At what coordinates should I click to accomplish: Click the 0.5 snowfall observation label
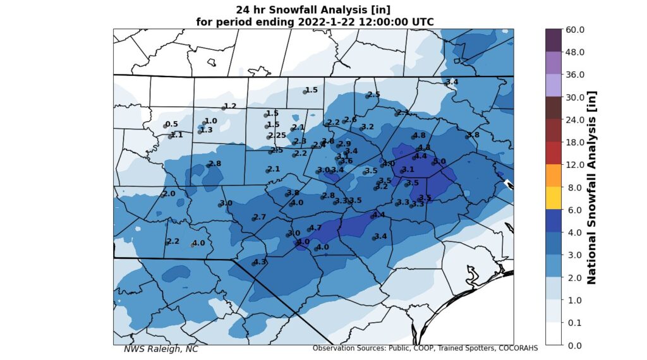pyautogui.click(x=172, y=124)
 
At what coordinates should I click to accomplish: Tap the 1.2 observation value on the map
pyautogui.click(x=230, y=106)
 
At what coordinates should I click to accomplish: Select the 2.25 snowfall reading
pyautogui.click(x=277, y=136)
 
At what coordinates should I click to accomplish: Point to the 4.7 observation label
pyautogui.click(x=316, y=227)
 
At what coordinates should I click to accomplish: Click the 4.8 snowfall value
pyautogui.click(x=419, y=135)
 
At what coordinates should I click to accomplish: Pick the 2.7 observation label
pyautogui.click(x=260, y=217)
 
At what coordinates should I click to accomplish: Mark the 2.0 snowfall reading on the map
pyautogui.click(x=169, y=193)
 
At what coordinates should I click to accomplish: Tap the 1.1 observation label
pyautogui.click(x=177, y=135)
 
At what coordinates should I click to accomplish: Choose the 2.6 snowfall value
pyautogui.click(x=351, y=119)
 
